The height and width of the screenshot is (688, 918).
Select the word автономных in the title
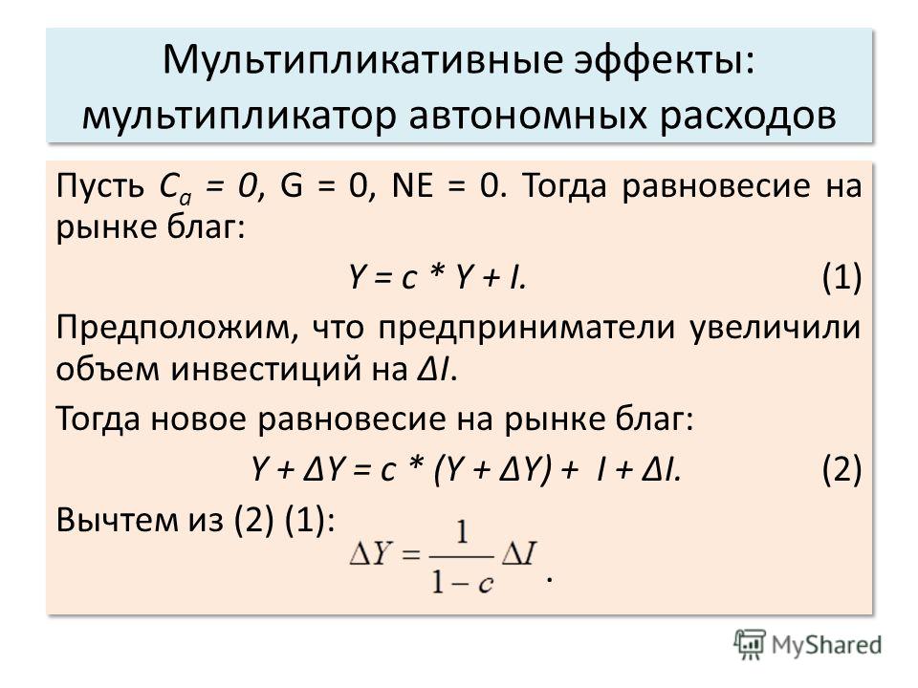(527, 116)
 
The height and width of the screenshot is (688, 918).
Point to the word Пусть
(100, 186)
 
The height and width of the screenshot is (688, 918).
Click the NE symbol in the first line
(412, 186)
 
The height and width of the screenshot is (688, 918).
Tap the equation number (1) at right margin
(841, 277)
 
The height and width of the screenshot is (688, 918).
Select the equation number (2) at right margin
(841, 468)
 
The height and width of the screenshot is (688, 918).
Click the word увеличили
(776, 329)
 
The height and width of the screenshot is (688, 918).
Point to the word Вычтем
(117, 520)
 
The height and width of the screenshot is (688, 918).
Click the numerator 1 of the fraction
(463, 533)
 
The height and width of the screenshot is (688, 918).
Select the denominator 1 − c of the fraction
(463, 582)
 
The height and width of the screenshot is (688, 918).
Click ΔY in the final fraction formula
(370, 553)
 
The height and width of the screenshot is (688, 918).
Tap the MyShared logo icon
(750, 645)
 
